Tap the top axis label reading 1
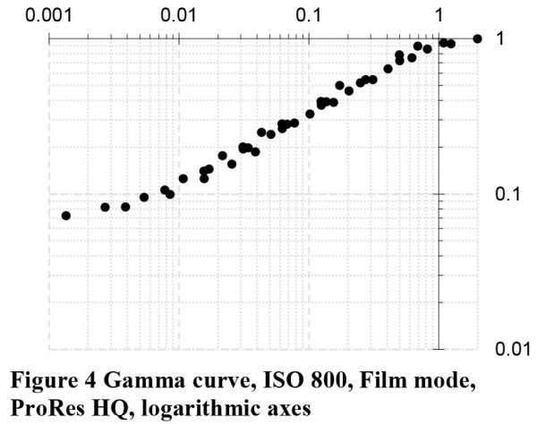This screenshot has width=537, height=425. (439, 16)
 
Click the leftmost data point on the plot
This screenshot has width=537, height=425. (65, 216)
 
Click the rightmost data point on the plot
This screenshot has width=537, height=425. (477, 38)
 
